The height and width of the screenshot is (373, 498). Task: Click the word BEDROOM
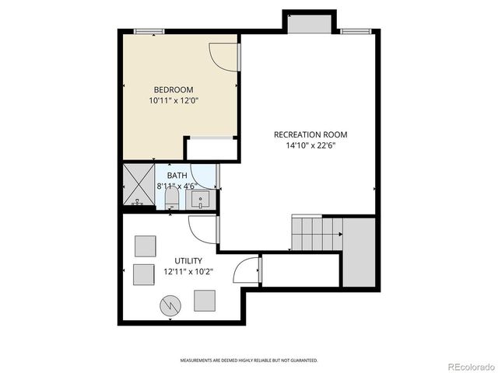[x=173, y=89]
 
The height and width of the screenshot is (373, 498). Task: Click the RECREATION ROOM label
[x=310, y=134]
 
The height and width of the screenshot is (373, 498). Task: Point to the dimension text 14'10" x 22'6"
[x=310, y=146]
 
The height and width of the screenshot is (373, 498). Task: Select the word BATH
[x=177, y=176]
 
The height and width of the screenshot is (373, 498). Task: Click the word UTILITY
[x=188, y=260]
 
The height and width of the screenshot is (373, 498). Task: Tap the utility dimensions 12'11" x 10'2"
[x=188, y=272]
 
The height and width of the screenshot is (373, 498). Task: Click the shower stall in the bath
[x=139, y=186]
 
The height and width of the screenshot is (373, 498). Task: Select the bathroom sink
[x=202, y=200]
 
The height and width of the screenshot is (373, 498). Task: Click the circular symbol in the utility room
[x=170, y=305]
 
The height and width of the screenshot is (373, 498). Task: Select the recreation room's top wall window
[x=354, y=31]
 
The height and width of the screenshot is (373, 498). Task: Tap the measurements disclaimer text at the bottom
[x=249, y=361]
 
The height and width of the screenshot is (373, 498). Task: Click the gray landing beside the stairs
[x=359, y=253]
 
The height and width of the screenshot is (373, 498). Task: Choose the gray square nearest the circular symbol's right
[x=205, y=300]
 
